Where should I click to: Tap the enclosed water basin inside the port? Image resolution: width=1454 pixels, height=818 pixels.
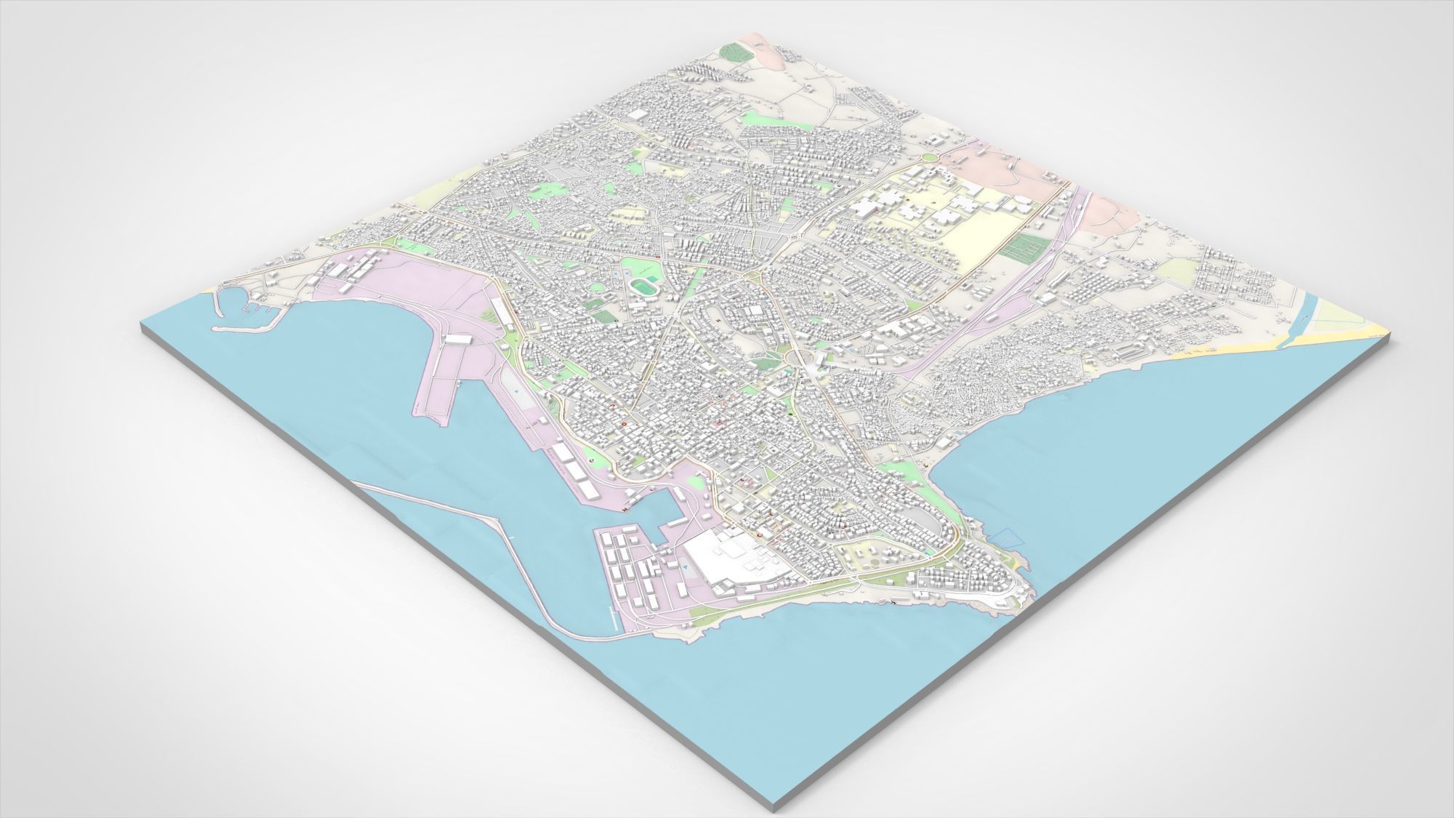[x=654, y=509]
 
